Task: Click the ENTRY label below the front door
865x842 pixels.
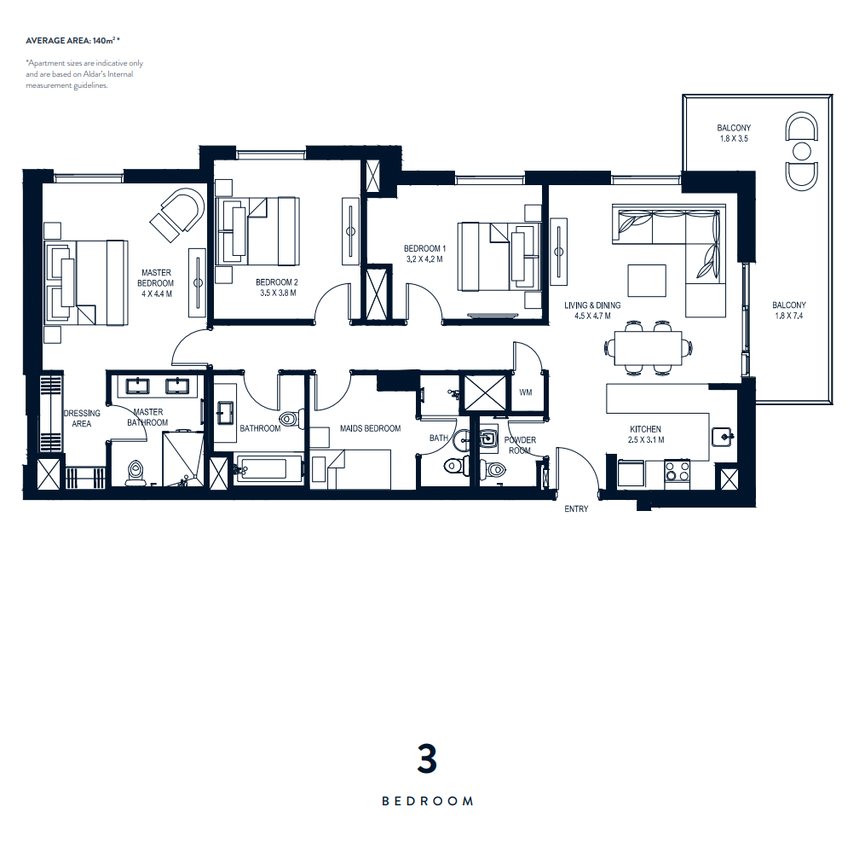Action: click(x=576, y=509)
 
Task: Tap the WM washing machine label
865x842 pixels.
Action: click(x=525, y=392)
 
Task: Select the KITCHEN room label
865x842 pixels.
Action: click(x=645, y=429)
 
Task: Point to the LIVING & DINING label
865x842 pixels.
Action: click(x=592, y=305)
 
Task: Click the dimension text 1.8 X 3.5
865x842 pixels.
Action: click(x=734, y=138)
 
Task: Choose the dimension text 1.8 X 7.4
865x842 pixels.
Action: click(x=789, y=316)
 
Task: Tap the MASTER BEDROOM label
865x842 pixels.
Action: click(x=156, y=278)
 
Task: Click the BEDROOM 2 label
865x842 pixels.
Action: click(x=277, y=282)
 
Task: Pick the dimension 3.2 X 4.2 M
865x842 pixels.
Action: click(x=424, y=259)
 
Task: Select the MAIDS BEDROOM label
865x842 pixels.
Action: click(x=370, y=428)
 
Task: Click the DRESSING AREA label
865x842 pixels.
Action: click(x=82, y=419)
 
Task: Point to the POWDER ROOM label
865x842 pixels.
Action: click(x=520, y=445)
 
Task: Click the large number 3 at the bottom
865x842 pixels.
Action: click(x=427, y=760)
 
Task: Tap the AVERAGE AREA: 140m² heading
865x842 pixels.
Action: click(x=72, y=40)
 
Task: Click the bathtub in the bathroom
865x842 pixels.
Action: click(x=268, y=469)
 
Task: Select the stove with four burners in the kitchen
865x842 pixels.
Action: click(x=678, y=472)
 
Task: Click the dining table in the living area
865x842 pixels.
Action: click(x=649, y=348)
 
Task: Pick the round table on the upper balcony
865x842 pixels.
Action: click(x=803, y=151)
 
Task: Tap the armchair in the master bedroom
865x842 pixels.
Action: click(x=177, y=213)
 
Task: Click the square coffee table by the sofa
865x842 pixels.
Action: click(x=647, y=282)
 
